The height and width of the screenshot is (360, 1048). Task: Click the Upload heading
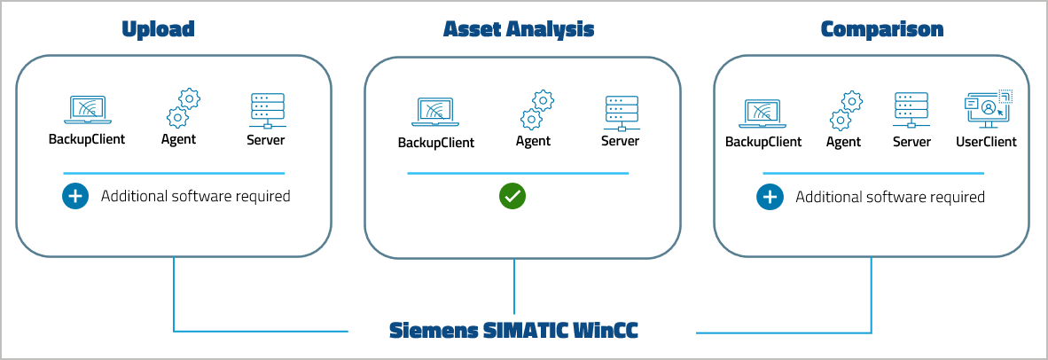click(x=158, y=29)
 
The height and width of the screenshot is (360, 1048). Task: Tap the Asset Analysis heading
click(x=519, y=29)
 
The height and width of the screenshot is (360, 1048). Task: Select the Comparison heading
click(x=882, y=29)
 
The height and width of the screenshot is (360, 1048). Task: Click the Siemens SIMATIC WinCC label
click(x=514, y=331)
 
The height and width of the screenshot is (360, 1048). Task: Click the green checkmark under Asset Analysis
click(x=512, y=196)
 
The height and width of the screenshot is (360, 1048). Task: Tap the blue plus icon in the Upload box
click(x=75, y=196)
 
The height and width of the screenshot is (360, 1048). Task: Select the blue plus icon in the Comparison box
click(x=770, y=197)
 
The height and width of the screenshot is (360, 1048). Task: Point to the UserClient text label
click(x=986, y=142)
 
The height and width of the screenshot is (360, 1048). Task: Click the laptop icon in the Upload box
click(x=87, y=110)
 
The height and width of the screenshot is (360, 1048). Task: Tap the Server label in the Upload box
click(x=266, y=140)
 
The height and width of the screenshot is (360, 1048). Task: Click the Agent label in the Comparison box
click(x=843, y=142)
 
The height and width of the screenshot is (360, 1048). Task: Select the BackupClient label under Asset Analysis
click(x=435, y=143)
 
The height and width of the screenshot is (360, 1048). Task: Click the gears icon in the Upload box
click(x=183, y=109)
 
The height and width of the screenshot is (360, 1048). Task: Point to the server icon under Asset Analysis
click(x=620, y=112)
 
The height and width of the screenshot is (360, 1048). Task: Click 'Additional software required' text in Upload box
click(x=195, y=196)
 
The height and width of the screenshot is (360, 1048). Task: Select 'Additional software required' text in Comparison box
click(x=889, y=197)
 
